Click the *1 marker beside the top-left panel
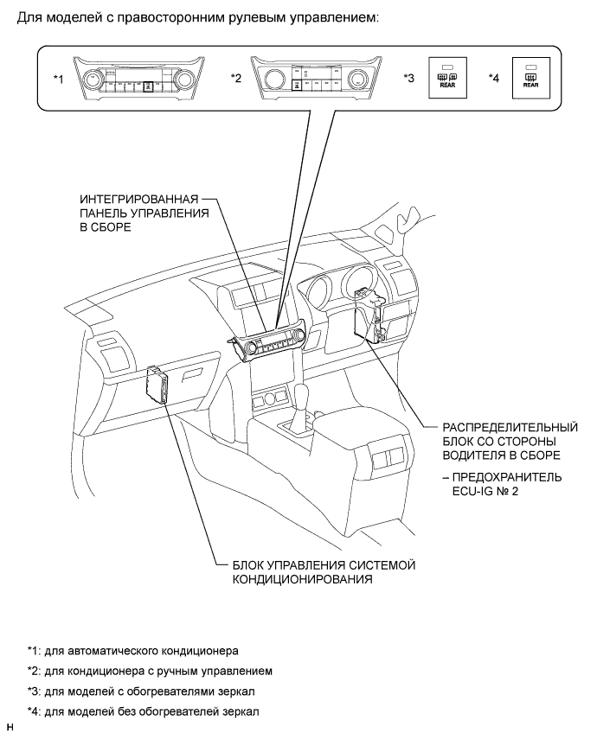pos(59,79)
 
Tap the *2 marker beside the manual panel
pos(235,79)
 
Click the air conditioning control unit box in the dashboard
pos(159,384)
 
